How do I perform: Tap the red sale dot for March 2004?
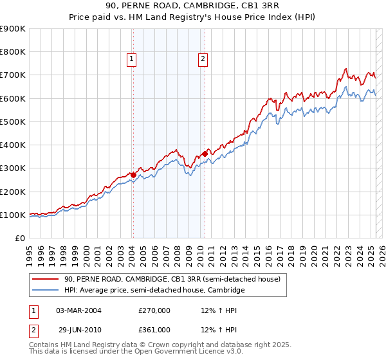(133, 174)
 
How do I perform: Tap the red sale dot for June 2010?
(205, 154)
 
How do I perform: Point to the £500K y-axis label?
(12, 122)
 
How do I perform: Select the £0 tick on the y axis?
(21, 238)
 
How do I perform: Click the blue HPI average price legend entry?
(154, 291)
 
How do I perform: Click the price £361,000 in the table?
(154, 330)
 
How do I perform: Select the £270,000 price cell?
(154, 310)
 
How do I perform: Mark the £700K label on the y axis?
(12, 75)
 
